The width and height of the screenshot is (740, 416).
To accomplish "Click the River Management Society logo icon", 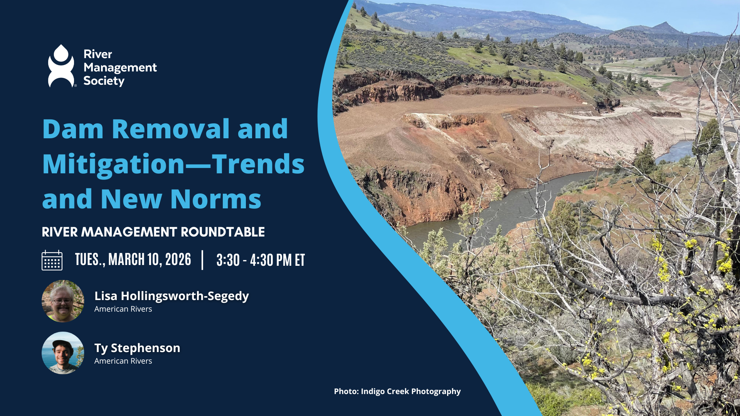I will (61, 66).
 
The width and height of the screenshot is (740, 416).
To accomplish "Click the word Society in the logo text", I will (104, 81).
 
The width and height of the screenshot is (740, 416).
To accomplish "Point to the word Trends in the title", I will (258, 164).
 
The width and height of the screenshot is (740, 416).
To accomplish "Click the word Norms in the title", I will (215, 200).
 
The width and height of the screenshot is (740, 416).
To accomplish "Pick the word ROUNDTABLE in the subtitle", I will (223, 232).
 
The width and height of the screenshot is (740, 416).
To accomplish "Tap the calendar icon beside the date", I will (52, 260).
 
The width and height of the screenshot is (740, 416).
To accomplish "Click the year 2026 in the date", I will (178, 260).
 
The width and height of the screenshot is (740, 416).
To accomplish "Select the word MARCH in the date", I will (126, 260).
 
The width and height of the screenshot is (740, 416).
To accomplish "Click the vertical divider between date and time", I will (202, 260).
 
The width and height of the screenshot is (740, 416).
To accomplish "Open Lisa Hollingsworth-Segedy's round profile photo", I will (63, 301).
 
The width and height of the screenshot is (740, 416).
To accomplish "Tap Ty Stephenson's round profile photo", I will (63, 353).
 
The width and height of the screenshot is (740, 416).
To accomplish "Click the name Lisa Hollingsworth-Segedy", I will (172, 296).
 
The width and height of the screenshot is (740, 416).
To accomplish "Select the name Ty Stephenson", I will (137, 348).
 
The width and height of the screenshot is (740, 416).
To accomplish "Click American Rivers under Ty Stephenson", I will (123, 361).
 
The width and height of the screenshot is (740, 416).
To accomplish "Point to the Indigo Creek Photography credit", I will (397, 391).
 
